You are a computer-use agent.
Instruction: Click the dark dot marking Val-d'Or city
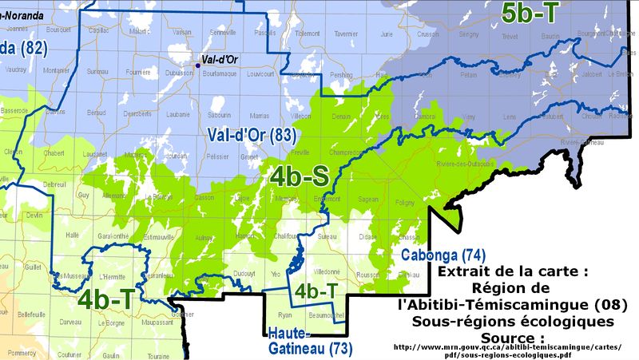pos(198,65)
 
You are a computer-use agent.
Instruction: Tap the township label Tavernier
pos(346,34)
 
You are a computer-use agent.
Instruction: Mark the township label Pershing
pos(341,74)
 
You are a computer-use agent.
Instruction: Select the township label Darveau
pos(70,322)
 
